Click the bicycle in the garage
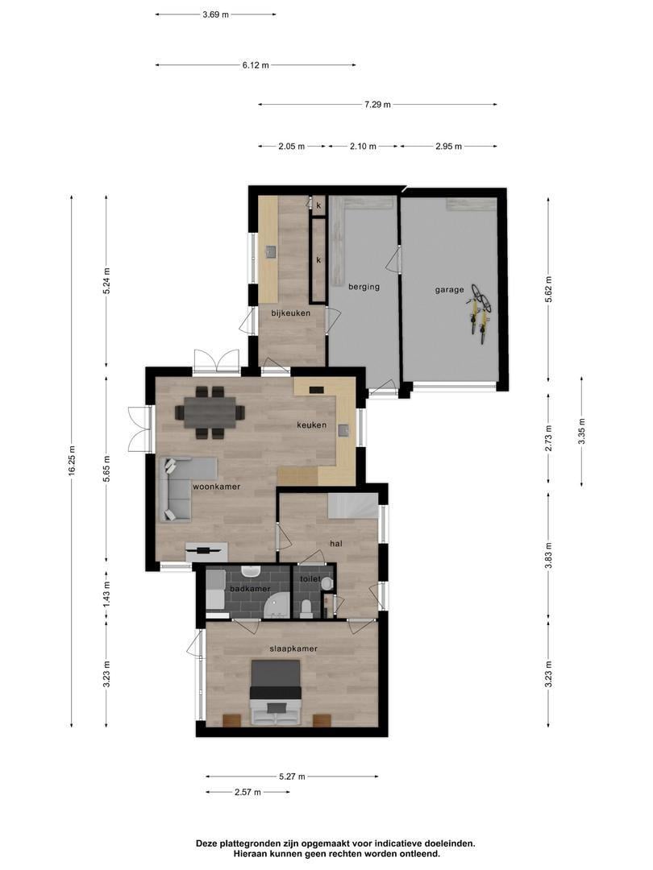pos(480,313)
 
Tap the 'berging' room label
pos(364,286)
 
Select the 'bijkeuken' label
pos(291,313)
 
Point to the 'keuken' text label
pos(311,425)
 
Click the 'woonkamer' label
pos(216,487)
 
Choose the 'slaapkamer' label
pos(293,648)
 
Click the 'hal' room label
pos(336,544)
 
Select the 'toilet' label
pos(310,579)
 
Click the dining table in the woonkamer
pos(210,412)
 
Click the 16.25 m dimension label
pos(72,461)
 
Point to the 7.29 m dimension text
pos(377,105)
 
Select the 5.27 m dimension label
pos(292,777)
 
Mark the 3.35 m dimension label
pos(581,431)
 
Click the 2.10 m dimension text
pos(363,147)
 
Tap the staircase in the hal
pos(352,507)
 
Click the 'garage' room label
pos(450,289)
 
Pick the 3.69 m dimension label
pos(215,14)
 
